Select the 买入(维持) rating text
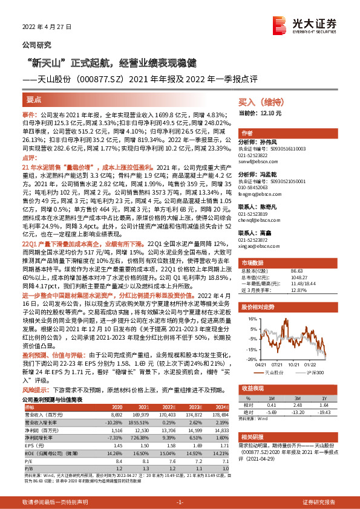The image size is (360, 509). (258, 103)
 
